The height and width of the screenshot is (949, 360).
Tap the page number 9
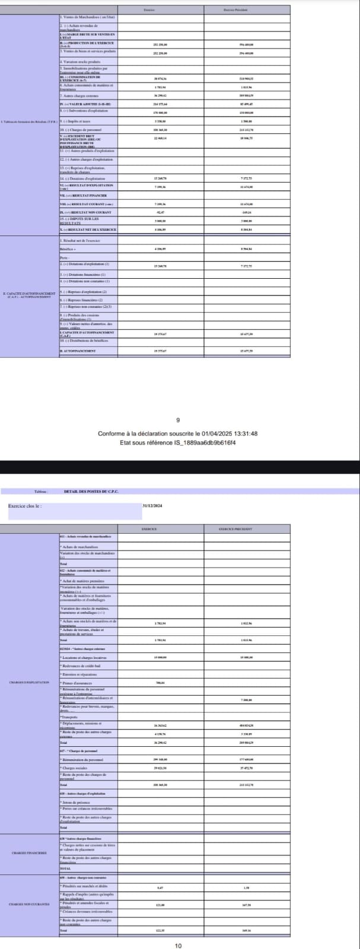179,421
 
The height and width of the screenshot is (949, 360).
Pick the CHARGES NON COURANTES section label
29,904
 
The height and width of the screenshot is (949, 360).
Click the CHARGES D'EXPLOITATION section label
29,683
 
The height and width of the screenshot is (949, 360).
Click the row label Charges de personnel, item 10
82,129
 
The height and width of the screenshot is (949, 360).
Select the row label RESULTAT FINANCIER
83,195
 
